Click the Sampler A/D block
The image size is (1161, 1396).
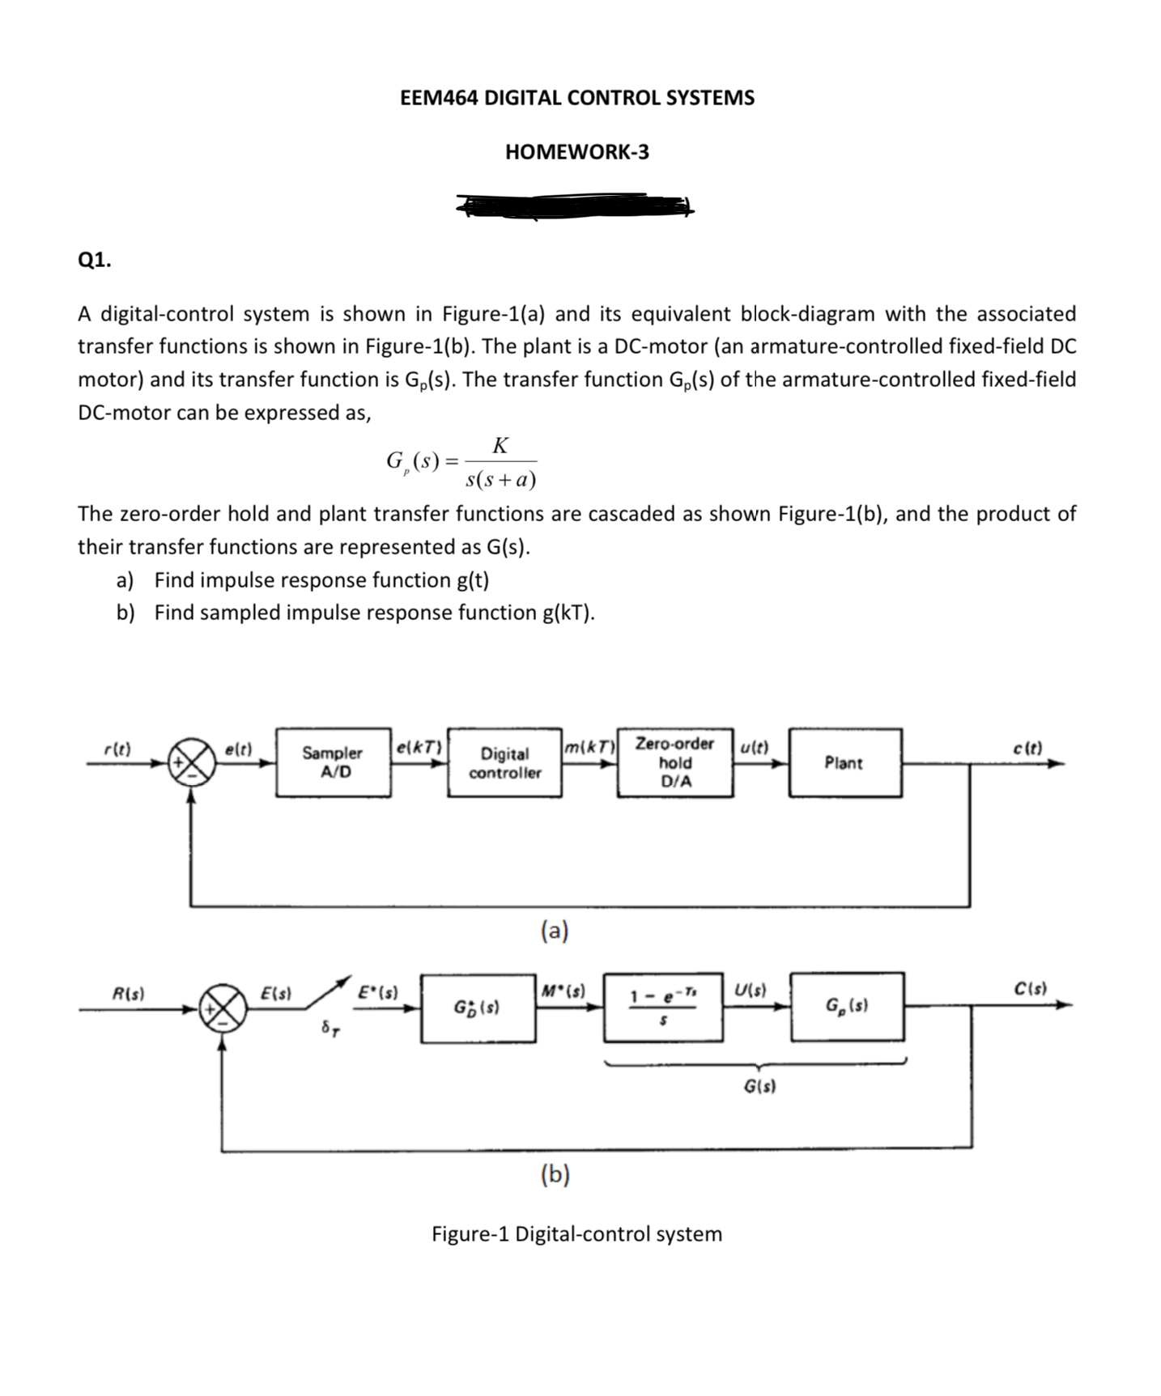coord(333,762)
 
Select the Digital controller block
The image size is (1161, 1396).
coord(504,762)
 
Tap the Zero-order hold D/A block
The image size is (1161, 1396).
coord(675,762)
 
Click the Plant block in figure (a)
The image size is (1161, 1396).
coord(844,762)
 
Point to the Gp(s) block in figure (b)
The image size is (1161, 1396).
coord(847,1006)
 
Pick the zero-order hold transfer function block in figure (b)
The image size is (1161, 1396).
coord(663,1006)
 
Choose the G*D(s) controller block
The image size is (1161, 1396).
coord(478,1008)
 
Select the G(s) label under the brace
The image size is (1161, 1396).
coord(759,1086)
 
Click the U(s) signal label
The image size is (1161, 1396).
coord(751,988)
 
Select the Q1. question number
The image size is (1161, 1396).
coord(95,260)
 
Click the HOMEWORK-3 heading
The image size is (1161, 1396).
coord(576,152)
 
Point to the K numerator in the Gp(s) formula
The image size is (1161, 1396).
coord(500,446)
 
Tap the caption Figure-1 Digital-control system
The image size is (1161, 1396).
coord(576,1234)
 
